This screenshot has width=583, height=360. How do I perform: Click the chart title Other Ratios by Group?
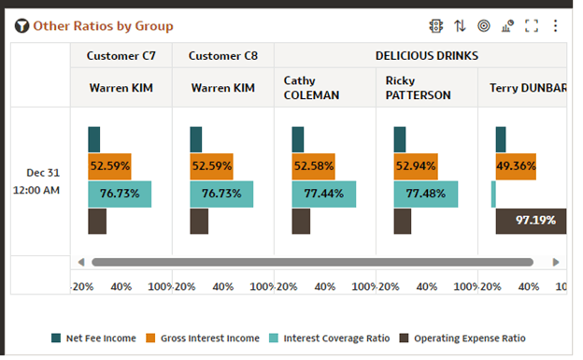103,26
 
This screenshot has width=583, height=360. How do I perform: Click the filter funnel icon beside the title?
21,26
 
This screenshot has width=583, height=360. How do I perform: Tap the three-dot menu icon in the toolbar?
555,26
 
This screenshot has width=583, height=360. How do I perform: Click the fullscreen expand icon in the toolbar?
532,26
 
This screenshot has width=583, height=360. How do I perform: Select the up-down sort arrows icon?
460,26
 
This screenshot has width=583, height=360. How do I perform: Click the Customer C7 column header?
121,56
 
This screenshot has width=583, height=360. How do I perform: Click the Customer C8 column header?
222,56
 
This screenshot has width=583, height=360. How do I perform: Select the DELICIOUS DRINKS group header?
426,56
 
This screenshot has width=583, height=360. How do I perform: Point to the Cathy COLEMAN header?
311,88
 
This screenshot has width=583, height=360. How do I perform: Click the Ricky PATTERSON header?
419,88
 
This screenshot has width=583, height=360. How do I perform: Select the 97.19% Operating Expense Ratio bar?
531,221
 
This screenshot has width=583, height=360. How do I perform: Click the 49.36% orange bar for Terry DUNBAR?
515,166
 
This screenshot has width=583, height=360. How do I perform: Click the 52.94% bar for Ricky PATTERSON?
416,166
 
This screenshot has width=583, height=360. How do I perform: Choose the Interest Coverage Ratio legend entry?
332,338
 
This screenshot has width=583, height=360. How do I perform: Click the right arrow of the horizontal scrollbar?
556,263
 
